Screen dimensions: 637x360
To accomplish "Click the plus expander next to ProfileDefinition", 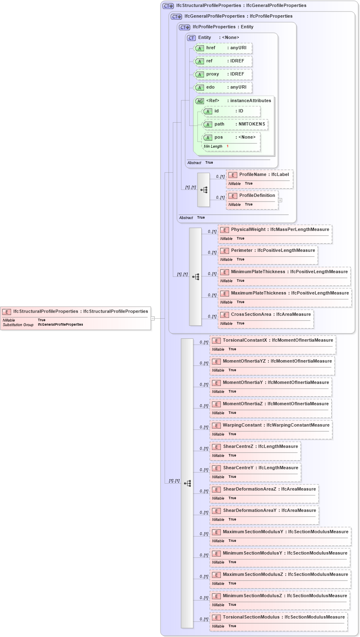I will [280, 200].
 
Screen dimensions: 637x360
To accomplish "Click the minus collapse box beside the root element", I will [153, 318].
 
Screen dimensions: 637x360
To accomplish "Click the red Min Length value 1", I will [227, 146].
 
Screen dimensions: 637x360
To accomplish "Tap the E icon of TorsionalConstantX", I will [216, 340].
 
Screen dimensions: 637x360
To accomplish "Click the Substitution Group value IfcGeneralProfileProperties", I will [60, 324].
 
